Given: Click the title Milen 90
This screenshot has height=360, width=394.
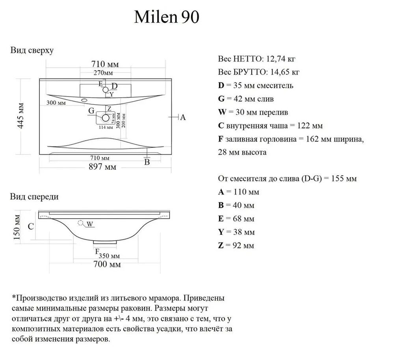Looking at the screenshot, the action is pos(167,17).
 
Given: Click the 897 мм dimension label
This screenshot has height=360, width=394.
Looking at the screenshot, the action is pos(102,167).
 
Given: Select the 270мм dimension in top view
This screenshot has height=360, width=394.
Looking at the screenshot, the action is pos(103,73).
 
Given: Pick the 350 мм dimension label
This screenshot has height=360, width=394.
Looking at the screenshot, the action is pos(110,256).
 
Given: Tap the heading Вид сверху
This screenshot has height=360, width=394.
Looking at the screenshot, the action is pos(32,50).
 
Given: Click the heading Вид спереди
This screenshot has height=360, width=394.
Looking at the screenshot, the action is pos(34,197).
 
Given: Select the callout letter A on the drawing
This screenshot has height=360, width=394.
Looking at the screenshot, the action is pos(183,117).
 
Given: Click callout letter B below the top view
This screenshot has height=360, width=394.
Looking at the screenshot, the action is pos(147,161).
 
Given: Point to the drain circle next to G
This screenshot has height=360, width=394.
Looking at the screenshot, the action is pos(106,117).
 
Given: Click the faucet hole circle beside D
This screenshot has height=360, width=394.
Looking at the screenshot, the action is pos(106,90).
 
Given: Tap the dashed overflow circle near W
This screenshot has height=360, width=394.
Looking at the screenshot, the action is pos(82,223).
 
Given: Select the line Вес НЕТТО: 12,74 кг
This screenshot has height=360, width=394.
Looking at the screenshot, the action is pos(256,59).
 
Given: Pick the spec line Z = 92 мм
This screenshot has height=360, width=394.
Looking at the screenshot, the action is pos(236,246).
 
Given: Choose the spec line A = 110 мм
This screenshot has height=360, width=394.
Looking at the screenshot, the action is pos(238,192).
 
